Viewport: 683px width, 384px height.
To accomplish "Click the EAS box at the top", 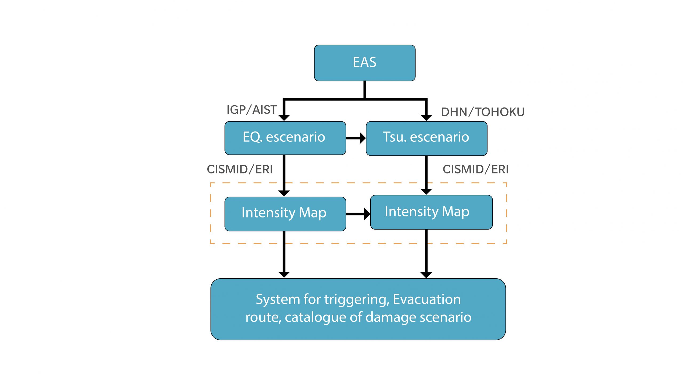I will (364, 63).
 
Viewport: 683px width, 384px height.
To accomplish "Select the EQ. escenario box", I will (285, 138).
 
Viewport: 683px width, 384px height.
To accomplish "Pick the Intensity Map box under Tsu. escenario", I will (431, 212).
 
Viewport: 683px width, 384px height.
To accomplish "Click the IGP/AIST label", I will (252, 110).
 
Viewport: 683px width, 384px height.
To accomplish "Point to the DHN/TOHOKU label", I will (483, 112).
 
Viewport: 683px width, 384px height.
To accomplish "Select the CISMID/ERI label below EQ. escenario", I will (240, 169).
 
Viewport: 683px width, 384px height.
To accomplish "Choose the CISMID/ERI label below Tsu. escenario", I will (475, 169).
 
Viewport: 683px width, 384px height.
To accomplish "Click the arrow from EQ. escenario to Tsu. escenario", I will (356, 138).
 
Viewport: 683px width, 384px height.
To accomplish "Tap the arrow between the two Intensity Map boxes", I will (358, 214).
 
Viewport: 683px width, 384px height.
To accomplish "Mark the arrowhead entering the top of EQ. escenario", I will (284, 117).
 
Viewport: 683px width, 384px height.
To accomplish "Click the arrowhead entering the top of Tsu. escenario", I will (426, 117).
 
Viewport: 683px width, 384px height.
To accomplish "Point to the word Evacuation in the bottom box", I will (427, 299).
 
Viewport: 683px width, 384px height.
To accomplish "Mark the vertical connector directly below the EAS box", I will (364, 89).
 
